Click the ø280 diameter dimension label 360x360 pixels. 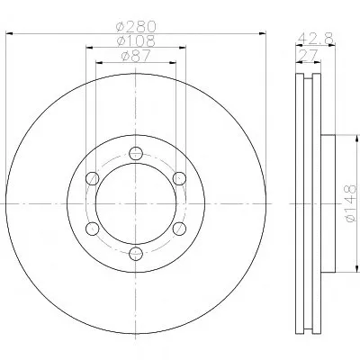[x=136, y=26]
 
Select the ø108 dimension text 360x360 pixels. [x=136, y=41]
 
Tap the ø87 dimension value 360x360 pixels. [x=135, y=56]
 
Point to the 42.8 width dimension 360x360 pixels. [x=315, y=39]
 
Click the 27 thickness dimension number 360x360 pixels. [x=308, y=56]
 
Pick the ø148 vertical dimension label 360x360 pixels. [x=351, y=203]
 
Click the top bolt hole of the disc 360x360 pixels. [x=136, y=153]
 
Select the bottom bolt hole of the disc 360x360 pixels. [x=136, y=254]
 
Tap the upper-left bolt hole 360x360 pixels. [x=92, y=178]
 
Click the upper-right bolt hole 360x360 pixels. [x=179, y=178]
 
